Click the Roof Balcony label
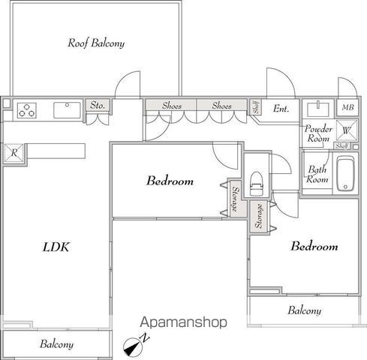click(x=96, y=43)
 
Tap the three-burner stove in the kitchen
click(x=27, y=110)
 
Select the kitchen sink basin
click(x=67, y=110)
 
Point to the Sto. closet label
click(x=98, y=105)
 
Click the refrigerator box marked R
click(x=14, y=152)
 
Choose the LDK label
click(x=56, y=247)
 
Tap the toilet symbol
click(x=257, y=184)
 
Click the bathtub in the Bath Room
click(x=345, y=173)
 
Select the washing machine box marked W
click(x=347, y=130)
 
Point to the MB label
click(x=347, y=107)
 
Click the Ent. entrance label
click(x=281, y=109)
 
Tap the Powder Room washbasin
click(x=318, y=109)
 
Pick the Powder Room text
click(x=318, y=133)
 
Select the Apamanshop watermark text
click(x=184, y=322)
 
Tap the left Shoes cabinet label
click(x=172, y=106)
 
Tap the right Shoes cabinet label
click(x=221, y=106)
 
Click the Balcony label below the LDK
click(x=56, y=344)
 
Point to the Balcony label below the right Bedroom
click(x=305, y=310)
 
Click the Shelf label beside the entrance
click(x=256, y=107)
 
